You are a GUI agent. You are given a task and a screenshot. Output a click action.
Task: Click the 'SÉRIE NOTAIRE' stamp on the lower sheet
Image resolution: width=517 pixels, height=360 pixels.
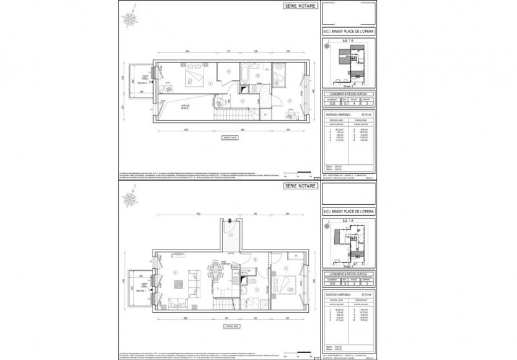point(296,185)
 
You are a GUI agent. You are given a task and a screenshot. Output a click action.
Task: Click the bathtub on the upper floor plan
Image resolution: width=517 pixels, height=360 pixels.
point(246,70)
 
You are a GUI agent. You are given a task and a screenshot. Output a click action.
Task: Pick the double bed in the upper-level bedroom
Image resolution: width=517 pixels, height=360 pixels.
point(192,78)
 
